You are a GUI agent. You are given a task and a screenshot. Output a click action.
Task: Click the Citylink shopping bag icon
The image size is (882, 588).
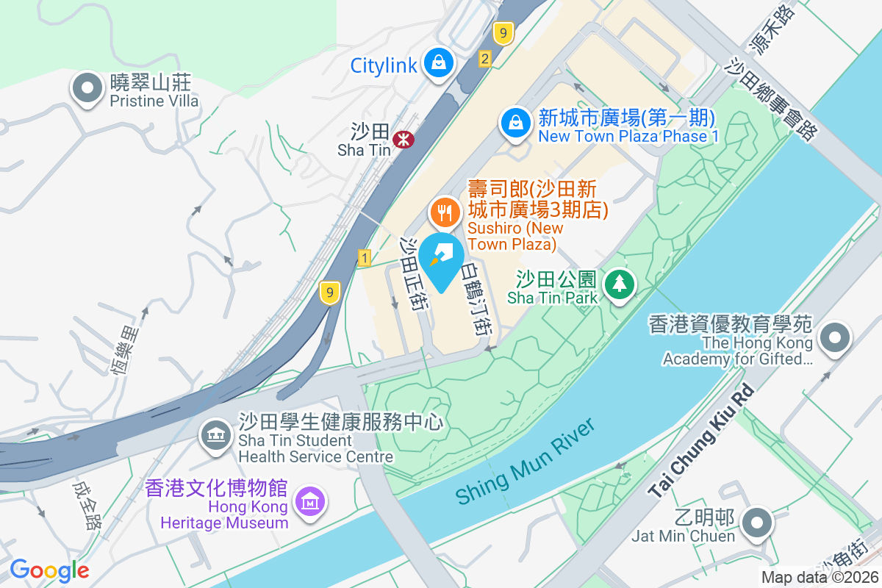439,63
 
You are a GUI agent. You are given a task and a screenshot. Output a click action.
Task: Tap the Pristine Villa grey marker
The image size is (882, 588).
87,88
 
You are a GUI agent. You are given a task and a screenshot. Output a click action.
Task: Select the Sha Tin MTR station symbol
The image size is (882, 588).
403,138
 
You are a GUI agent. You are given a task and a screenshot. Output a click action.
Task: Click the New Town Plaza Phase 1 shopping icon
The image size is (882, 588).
516,123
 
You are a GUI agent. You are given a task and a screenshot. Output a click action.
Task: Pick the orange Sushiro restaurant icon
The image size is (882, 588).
444,212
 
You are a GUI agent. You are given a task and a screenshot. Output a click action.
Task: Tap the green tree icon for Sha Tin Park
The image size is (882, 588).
620,283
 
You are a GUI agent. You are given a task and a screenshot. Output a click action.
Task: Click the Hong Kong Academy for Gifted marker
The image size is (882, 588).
834,339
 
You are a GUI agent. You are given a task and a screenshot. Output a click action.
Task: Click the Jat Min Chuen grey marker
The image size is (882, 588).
756,524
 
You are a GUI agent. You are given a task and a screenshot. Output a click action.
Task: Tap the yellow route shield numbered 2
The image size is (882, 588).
484,59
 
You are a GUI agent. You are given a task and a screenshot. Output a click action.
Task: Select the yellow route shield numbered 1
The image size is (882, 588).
365,257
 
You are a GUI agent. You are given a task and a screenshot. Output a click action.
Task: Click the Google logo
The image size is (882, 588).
49,570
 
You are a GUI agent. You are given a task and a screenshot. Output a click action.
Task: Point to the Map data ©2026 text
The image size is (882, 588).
820,577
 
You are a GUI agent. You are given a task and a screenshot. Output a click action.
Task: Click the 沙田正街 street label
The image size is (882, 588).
412,273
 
